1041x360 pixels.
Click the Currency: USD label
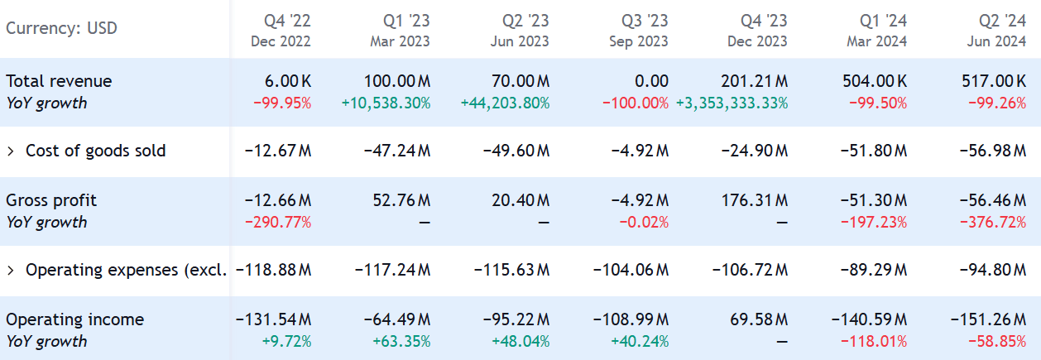(x=61, y=28)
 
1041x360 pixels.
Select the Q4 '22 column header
(x=281, y=30)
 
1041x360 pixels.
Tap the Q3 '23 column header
(x=638, y=30)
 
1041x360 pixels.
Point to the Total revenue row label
(x=59, y=81)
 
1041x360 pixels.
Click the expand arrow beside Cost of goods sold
(x=11, y=151)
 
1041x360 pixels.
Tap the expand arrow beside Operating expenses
(x=11, y=270)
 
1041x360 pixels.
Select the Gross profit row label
(x=51, y=200)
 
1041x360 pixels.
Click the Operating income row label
(x=74, y=319)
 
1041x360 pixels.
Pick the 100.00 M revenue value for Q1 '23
(x=397, y=81)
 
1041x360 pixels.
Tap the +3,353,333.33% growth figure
(x=732, y=103)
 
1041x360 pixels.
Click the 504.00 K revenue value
(x=869, y=81)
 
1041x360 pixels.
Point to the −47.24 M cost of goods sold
(x=397, y=151)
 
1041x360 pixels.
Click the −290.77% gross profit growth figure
(x=277, y=223)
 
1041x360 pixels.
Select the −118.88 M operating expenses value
(x=274, y=270)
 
